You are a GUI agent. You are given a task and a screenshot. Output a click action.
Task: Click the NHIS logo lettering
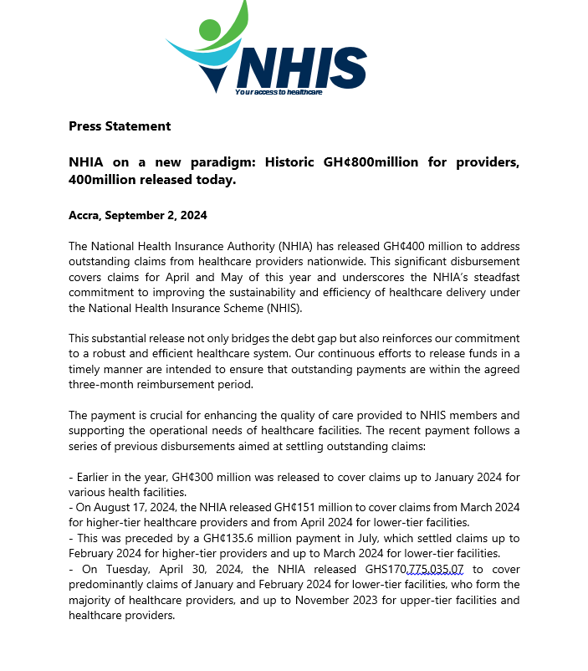tap(303, 67)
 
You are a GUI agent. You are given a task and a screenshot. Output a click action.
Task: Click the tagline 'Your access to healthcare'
tap(279, 92)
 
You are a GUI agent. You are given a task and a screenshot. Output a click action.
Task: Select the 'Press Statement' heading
tap(120, 126)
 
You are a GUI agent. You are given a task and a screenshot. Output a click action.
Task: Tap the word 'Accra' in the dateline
tap(84, 215)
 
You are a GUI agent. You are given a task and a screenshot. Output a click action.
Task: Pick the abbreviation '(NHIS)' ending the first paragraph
tap(283, 308)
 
